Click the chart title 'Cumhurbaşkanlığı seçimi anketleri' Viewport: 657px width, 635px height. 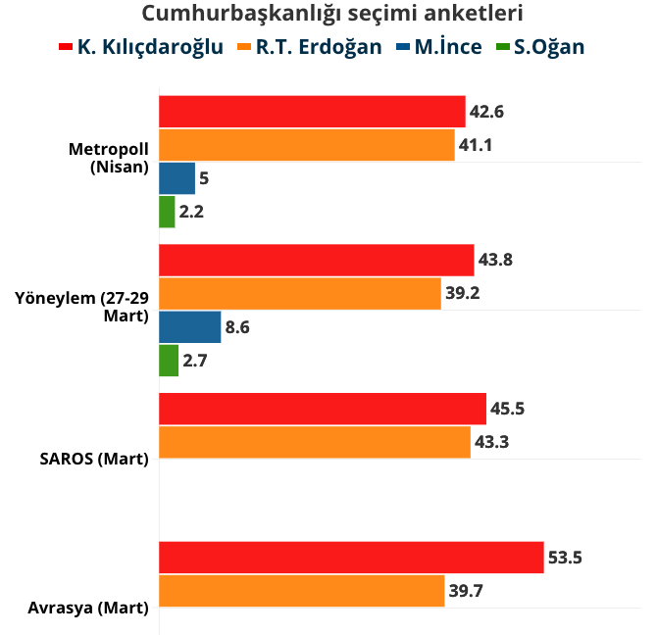(331, 14)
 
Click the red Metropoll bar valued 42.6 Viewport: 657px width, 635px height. (312, 112)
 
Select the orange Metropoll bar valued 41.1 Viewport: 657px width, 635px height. (306, 145)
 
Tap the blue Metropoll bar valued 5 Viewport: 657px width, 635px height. (177, 178)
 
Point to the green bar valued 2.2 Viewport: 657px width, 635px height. (167, 212)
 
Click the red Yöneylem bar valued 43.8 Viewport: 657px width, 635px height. (316, 261)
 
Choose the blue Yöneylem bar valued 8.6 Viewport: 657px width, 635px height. (189, 327)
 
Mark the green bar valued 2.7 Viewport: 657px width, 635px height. (169, 361)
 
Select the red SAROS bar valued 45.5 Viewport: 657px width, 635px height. (322, 409)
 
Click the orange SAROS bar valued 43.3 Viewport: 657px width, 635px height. (314, 442)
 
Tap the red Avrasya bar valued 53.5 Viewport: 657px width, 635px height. (350, 558)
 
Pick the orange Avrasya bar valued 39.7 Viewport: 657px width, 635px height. (301, 591)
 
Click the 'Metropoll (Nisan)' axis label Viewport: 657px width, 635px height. (108, 158)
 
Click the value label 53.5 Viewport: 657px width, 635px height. (565, 558)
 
